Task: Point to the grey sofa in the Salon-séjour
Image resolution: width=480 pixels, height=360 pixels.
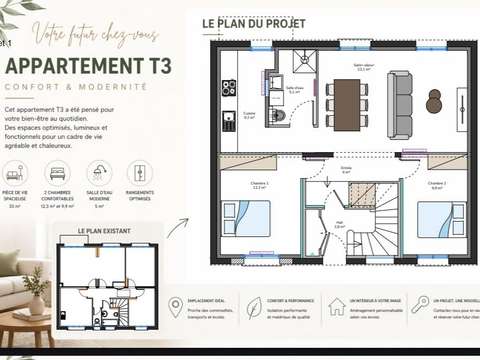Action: coord(400,103)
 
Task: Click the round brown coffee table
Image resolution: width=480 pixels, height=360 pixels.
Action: coord(434,102)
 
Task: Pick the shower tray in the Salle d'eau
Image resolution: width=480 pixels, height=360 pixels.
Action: coord(304,61)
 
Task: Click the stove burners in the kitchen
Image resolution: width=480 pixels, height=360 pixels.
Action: coord(229,87)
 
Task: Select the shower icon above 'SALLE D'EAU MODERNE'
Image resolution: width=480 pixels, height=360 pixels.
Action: coord(98,173)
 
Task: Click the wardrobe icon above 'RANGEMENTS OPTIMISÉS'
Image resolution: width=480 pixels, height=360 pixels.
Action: coord(138,173)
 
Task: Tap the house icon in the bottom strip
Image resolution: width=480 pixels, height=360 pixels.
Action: coord(337,304)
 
